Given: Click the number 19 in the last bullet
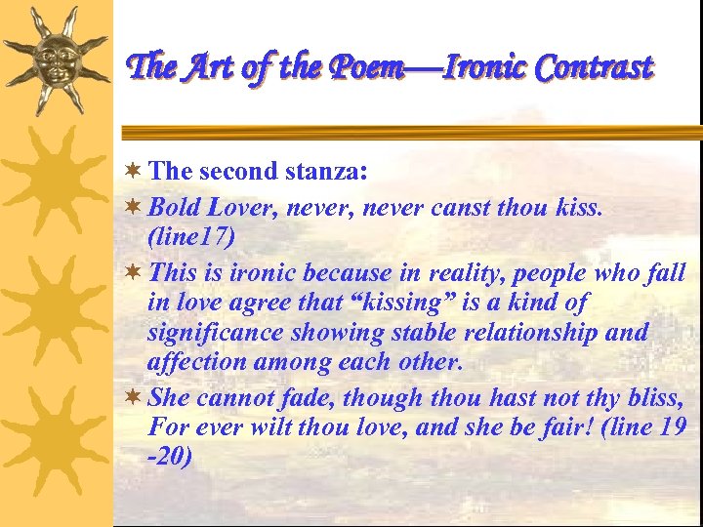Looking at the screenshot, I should point(673,427).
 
